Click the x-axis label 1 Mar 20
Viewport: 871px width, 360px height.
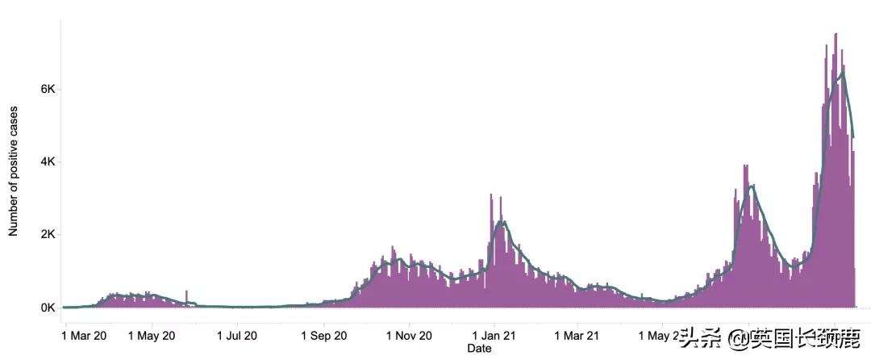[84, 334]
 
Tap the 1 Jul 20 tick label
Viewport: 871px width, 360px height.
[237, 334]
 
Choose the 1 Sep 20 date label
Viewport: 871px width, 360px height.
[323, 334]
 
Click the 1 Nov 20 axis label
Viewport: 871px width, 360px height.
[409, 334]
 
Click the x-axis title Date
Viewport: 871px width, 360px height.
[479, 349]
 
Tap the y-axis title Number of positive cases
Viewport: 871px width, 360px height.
[14, 170]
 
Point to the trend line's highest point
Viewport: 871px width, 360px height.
[843, 73]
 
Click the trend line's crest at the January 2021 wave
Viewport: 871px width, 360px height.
[502, 221]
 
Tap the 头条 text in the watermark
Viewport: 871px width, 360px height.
[696, 337]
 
